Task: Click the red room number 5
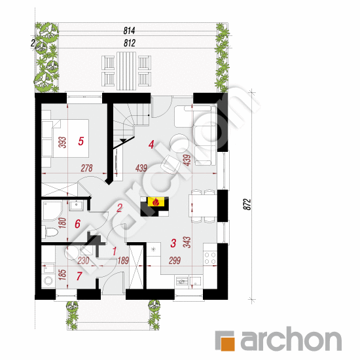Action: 81,140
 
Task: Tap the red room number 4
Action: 151,145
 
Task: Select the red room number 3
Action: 173,243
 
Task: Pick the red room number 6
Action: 78,224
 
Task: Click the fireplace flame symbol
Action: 155,203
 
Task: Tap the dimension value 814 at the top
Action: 128,31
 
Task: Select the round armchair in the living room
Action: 177,141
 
